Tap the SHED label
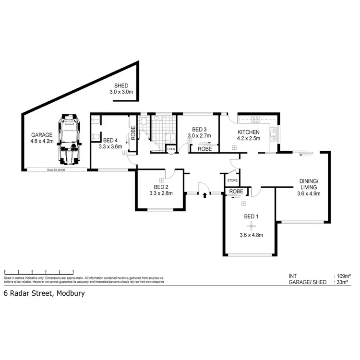[115, 85]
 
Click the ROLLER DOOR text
[56, 170]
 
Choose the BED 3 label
[199, 130]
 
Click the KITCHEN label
[248, 132]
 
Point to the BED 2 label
[161, 187]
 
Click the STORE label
[232, 181]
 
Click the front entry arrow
[205, 195]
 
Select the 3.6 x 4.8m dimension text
[251, 235]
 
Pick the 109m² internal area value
[344, 276]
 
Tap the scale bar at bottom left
[38, 272]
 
